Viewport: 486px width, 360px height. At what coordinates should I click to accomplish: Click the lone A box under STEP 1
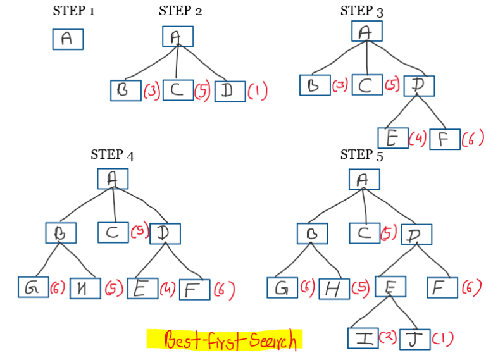(x=68, y=39)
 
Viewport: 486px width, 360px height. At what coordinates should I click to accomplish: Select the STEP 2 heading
(x=180, y=10)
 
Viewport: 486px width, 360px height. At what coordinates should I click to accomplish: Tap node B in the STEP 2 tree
(x=125, y=90)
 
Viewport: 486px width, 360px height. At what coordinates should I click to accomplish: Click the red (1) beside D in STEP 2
(x=258, y=91)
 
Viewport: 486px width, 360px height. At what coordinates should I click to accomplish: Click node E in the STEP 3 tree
(x=392, y=138)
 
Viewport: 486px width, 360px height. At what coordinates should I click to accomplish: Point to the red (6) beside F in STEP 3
(x=472, y=139)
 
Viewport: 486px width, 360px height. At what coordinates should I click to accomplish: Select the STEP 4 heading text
(x=112, y=154)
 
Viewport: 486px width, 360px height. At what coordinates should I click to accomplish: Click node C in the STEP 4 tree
(x=113, y=232)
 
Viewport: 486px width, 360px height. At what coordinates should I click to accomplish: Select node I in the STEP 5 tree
(x=363, y=337)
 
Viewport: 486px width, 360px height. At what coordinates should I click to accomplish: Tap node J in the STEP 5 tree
(x=415, y=338)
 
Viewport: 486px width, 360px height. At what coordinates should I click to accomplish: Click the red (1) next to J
(x=444, y=338)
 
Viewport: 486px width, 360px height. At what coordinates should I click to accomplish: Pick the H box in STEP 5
(x=333, y=289)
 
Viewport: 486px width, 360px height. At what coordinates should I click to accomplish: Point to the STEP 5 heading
(x=362, y=154)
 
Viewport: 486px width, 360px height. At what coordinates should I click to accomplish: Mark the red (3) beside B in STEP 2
(x=151, y=91)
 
